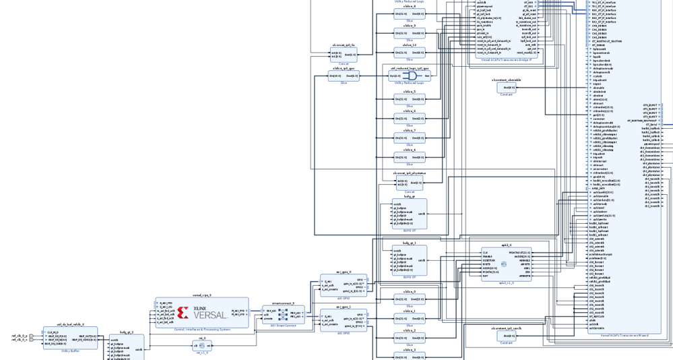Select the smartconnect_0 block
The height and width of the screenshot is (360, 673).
284,314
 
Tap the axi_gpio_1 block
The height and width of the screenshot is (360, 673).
344,320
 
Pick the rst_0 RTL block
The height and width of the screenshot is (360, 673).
202,346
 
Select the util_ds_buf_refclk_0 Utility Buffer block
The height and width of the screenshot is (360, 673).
70,338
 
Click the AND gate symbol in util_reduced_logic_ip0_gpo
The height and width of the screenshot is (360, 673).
410,76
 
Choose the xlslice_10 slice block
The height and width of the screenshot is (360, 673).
410,53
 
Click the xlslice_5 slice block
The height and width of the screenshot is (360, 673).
410,99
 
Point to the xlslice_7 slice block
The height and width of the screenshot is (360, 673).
410,138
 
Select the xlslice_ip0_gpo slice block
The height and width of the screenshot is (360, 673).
344,76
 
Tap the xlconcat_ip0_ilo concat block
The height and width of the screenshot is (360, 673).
344,55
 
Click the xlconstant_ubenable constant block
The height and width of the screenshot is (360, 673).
507,88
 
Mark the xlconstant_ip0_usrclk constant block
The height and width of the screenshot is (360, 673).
507,336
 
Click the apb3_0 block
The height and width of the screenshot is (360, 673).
506,264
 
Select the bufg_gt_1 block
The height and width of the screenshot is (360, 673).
410,260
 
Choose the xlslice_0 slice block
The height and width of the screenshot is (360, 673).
410,299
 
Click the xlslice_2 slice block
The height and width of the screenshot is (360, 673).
410,338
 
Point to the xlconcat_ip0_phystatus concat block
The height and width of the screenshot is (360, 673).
410,183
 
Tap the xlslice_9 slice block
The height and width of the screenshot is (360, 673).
410,33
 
